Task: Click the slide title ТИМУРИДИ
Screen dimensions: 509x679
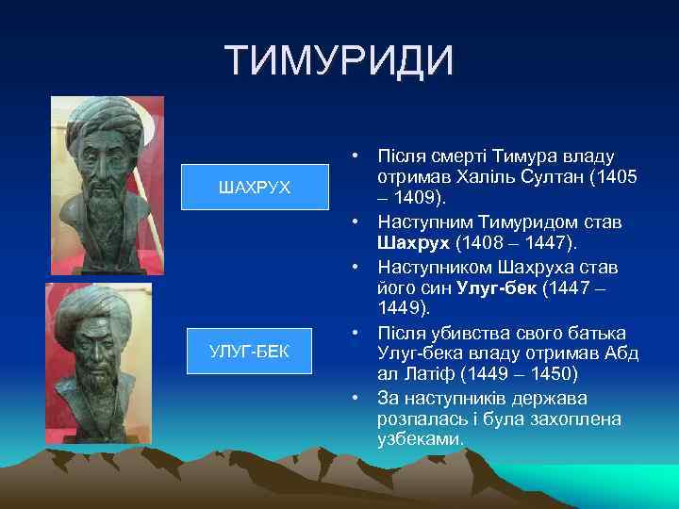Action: click(339, 61)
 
